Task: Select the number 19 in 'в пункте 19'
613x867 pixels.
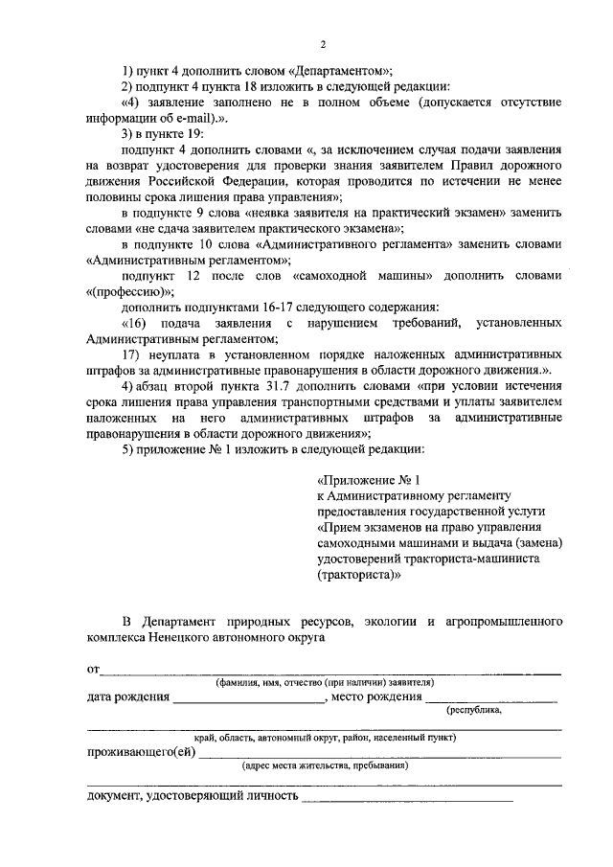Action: click(183, 134)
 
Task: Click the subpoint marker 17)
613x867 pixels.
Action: click(131, 354)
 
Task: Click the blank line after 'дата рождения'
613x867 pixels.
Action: click(249, 698)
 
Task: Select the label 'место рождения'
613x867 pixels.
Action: click(377, 696)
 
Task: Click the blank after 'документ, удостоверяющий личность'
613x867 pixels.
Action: click(407, 797)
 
